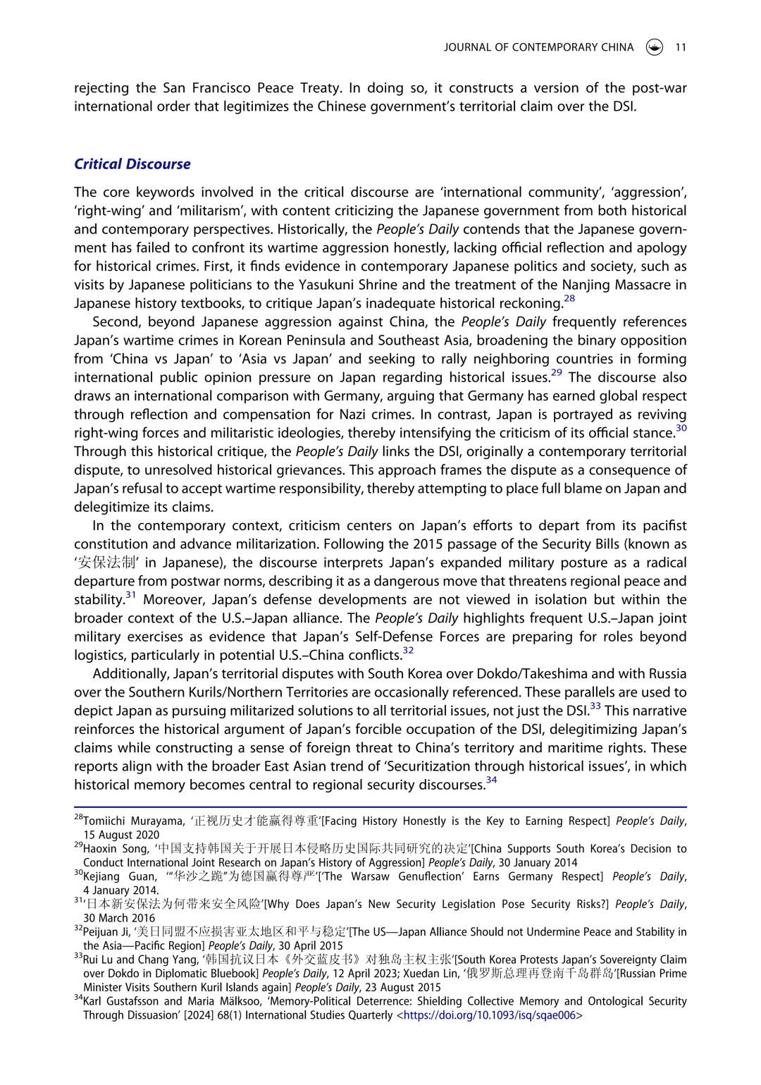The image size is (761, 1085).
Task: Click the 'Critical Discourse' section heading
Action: tap(132, 164)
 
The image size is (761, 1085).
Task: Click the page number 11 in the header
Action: tap(681, 47)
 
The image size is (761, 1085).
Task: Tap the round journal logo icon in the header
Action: tap(654, 47)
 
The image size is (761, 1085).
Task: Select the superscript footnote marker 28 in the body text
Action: tap(569, 298)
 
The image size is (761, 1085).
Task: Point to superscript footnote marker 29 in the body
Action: tap(557, 372)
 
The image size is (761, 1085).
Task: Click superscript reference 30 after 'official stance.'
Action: tap(681, 428)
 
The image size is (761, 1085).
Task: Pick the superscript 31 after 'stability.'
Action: tap(131, 594)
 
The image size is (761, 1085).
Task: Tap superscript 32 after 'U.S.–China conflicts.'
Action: tap(408, 650)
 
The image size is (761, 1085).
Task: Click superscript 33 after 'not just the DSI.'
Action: tap(595, 706)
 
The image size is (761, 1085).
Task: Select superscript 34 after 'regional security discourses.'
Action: tap(491, 780)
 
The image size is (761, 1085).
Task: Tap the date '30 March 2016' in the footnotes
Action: tap(119, 918)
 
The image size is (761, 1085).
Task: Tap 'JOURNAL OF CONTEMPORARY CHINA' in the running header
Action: tap(538, 47)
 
